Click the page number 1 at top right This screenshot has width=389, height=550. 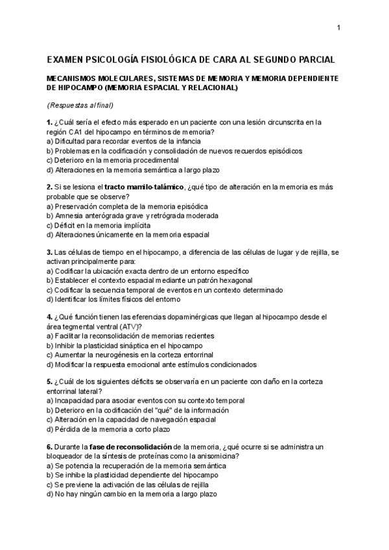click(x=338, y=27)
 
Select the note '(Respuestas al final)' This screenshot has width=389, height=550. click(x=79, y=105)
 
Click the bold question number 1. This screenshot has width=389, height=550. click(x=49, y=122)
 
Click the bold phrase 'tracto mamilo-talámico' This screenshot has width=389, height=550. click(x=143, y=187)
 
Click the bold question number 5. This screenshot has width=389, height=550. click(x=49, y=382)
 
